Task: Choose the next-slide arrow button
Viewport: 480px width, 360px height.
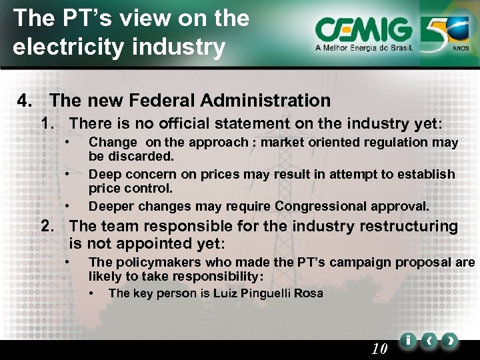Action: (451, 341)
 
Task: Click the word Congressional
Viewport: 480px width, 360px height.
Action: (315, 205)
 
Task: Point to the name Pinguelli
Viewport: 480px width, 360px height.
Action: (259, 293)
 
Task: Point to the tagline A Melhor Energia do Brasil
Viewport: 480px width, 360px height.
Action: (364, 48)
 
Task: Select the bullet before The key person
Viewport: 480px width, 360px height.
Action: (92, 293)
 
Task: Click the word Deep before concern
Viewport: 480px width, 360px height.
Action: (103, 174)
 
